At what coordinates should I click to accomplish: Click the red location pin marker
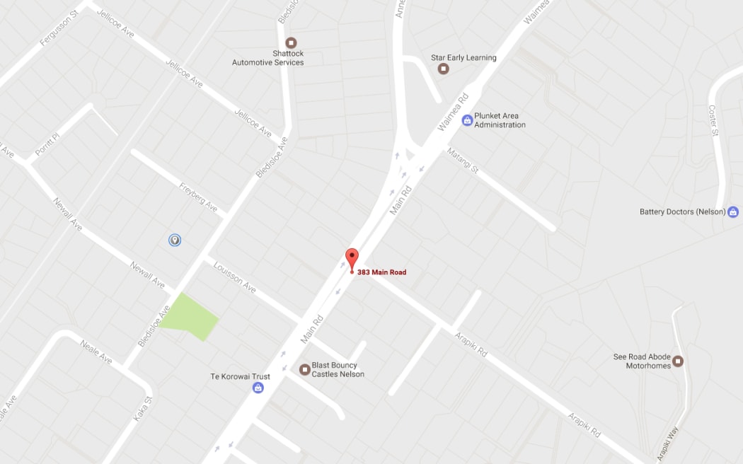coord(352,258)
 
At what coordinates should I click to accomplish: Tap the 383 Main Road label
coord(382,272)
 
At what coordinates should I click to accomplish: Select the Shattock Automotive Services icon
coord(291,43)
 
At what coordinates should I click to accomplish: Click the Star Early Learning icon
coord(444,69)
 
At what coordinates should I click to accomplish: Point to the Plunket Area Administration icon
coord(467,120)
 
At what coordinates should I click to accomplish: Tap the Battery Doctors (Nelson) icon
coord(732,211)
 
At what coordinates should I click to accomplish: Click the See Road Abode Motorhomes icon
coord(678,361)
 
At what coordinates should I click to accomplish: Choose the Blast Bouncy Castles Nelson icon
coord(305,369)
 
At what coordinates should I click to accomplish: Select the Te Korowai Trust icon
coord(258,388)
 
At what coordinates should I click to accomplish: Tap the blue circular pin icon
coord(175,240)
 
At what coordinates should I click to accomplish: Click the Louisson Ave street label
coord(234,277)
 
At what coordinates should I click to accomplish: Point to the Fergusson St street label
coord(59,28)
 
